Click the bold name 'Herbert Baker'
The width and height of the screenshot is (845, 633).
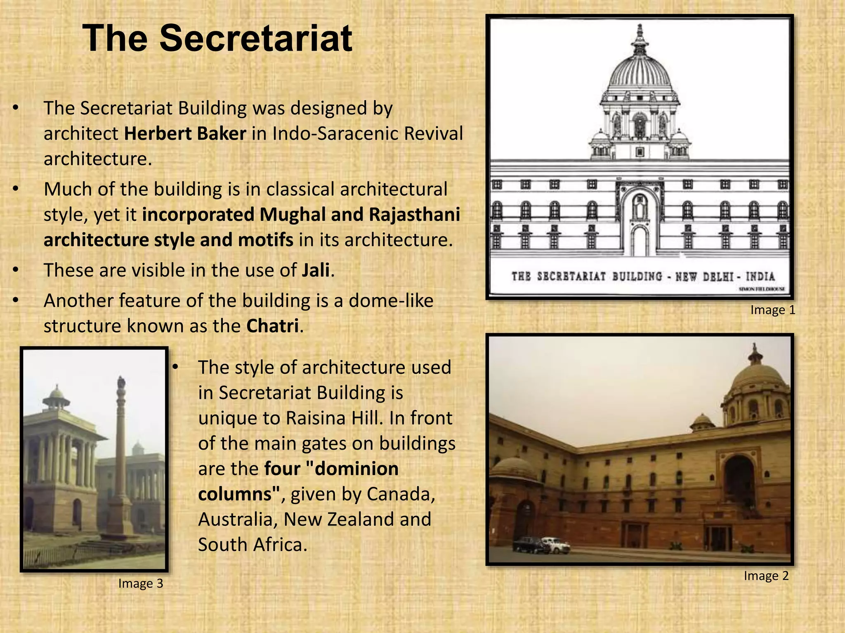(185, 134)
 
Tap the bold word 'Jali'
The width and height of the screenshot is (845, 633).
(316, 270)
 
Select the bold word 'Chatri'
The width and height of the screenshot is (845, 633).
(272, 326)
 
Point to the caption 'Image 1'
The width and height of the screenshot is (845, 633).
(772, 310)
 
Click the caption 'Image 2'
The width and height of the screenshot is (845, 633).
(766, 576)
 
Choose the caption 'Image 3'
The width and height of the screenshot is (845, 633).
(141, 584)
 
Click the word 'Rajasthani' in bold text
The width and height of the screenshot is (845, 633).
(414, 215)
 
